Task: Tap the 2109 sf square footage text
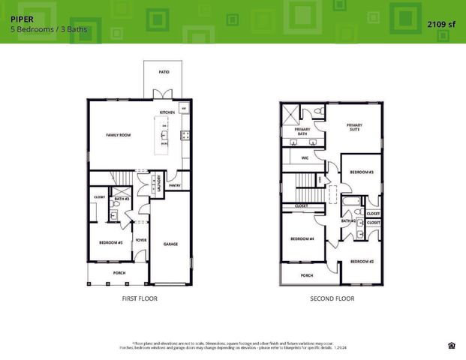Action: (442, 24)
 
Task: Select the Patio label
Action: (164, 72)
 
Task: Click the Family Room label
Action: (118, 134)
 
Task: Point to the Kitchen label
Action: (167, 112)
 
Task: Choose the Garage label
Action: (170, 244)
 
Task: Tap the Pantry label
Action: (174, 185)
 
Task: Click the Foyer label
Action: (140, 241)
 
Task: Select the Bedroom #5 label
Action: (110, 242)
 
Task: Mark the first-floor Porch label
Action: (119, 273)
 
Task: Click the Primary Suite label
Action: (354, 127)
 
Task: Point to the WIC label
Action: (305, 158)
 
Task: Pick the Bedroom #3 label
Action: (362, 172)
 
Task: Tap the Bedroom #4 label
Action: (302, 239)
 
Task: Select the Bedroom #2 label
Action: (361, 261)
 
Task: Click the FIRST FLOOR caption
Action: (140, 298)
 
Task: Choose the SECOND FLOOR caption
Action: (332, 298)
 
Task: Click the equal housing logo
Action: (450, 345)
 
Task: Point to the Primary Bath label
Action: (302, 132)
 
